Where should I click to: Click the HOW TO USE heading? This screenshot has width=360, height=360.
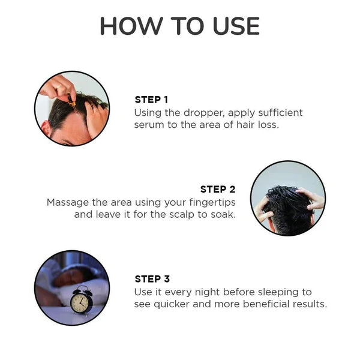(x=179, y=26)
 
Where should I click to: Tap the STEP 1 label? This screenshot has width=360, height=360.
(x=151, y=100)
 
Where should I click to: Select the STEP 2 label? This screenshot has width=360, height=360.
(x=218, y=189)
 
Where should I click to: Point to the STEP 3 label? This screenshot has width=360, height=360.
(x=152, y=279)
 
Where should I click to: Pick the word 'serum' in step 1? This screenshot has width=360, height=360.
(x=151, y=125)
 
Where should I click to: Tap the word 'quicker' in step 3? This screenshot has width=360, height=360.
(x=176, y=305)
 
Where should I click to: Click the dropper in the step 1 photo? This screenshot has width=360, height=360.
(x=72, y=102)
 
